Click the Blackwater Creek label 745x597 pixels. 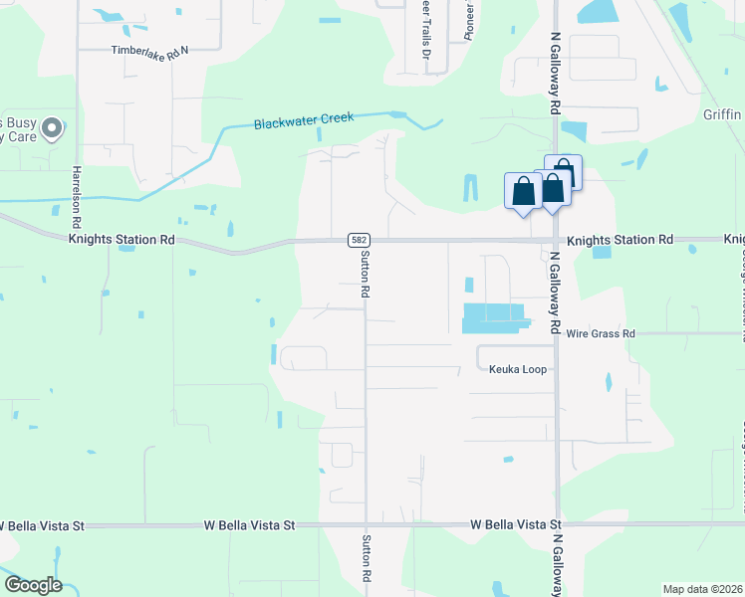pyautogui.click(x=304, y=120)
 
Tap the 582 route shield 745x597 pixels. pyautogui.click(x=360, y=241)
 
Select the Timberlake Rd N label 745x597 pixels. pyautogui.click(x=149, y=50)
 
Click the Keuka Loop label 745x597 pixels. pyautogui.click(x=518, y=369)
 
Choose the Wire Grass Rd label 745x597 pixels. pyautogui.click(x=601, y=333)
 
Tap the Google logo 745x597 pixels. pyautogui.click(x=33, y=585)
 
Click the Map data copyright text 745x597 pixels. pyautogui.click(x=702, y=589)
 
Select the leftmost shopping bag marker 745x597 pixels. pyautogui.click(x=523, y=192)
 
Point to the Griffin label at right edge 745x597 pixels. pyautogui.click(x=721, y=113)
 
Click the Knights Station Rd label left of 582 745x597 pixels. pyautogui.click(x=122, y=240)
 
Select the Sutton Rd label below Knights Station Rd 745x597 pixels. pyautogui.click(x=366, y=275)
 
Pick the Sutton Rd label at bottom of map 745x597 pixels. pyautogui.click(x=366, y=560)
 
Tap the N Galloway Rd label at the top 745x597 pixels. pyautogui.click(x=556, y=74)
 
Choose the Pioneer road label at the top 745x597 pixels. pyautogui.click(x=469, y=20)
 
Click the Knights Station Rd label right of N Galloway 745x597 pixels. pyautogui.click(x=620, y=241)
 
